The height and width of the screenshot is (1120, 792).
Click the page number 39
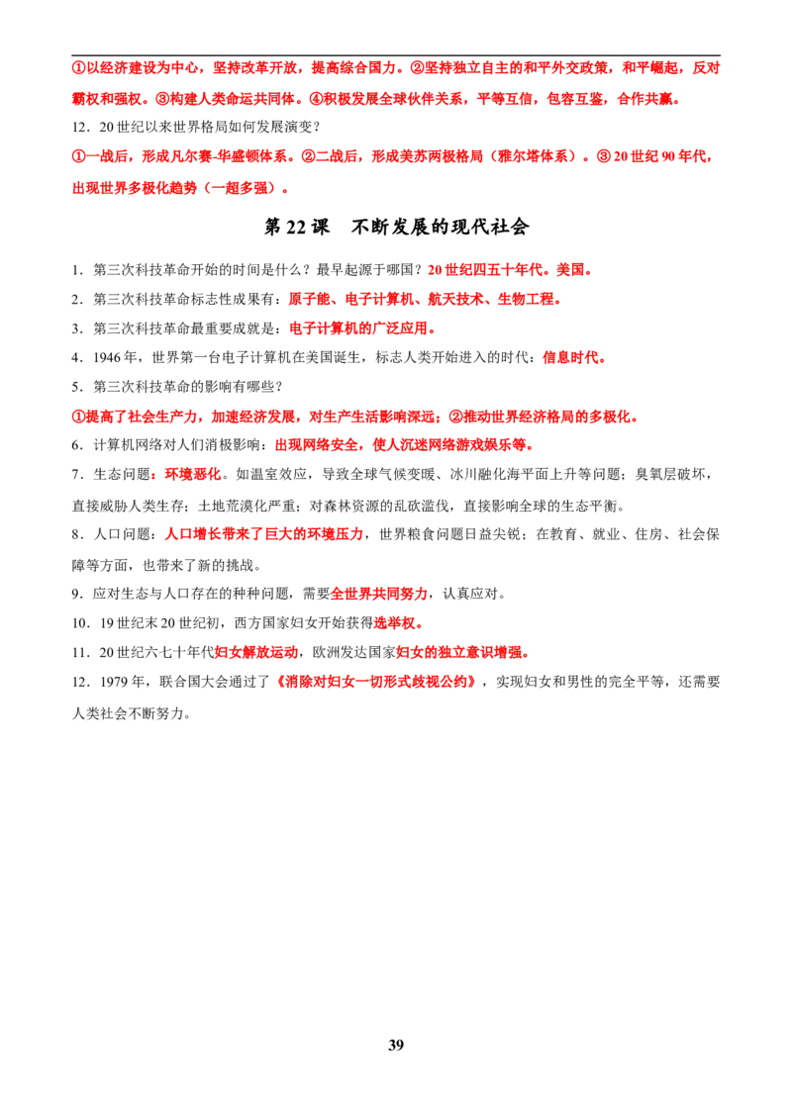pyautogui.click(x=396, y=1045)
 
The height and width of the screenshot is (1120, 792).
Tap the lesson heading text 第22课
pyautogui.click(x=297, y=228)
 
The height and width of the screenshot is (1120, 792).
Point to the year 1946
pyautogui.click(x=105, y=358)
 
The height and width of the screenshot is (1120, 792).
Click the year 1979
pyautogui.click(x=113, y=682)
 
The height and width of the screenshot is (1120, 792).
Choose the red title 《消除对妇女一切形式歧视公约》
pyautogui.click(x=375, y=682)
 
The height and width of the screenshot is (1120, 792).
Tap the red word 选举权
pyautogui.click(x=395, y=623)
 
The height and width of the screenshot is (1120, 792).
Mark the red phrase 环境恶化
pyautogui.click(x=193, y=474)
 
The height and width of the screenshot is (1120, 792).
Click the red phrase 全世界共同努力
pyautogui.click(x=379, y=594)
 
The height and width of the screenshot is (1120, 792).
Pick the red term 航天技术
pyautogui.click(x=455, y=299)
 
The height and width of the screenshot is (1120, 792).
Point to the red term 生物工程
pyautogui.click(x=526, y=299)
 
